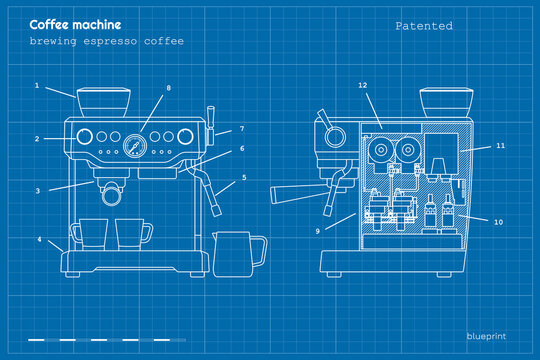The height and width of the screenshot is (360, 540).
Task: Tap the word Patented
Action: [423, 26]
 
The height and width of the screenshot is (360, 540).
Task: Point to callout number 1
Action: [37, 86]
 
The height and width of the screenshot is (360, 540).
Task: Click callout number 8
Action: [168, 88]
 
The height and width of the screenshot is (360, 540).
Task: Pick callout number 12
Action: [364, 86]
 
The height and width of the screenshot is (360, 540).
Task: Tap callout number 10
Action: [499, 221]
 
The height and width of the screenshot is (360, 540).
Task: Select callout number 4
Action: [40, 240]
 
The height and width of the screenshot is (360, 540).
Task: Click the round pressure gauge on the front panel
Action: [133, 147]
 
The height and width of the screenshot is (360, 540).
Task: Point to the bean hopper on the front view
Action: [103, 102]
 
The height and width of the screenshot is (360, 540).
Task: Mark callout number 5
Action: [244, 178]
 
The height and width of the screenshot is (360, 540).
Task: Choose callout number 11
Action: [500, 146]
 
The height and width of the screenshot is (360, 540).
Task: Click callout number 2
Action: [37, 139]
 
